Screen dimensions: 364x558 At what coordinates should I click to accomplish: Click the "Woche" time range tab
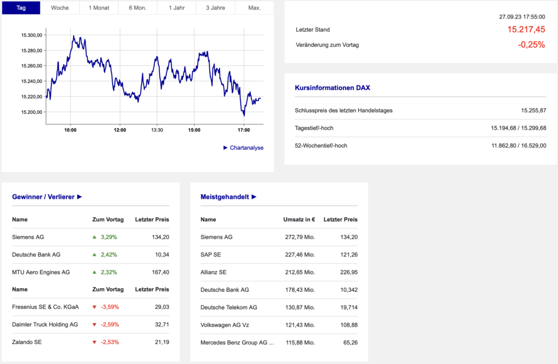coord(60,8)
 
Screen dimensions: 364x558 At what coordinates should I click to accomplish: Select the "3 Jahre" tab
coord(216,8)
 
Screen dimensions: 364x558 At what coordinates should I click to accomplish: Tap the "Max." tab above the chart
coord(254,8)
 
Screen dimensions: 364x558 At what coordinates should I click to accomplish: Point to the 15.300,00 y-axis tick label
coord(31,35)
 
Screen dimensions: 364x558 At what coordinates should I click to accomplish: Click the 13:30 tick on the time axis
coord(157,130)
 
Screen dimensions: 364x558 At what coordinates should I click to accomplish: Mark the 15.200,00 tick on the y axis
coord(31,112)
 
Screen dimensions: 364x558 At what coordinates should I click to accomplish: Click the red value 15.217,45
coord(526,30)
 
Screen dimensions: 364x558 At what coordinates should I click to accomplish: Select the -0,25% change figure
coord(531,45)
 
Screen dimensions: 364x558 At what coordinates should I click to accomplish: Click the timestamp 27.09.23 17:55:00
coord(522,17)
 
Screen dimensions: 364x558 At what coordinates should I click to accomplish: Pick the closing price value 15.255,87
coord(533,111)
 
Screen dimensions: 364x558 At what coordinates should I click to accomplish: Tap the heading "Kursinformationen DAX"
coord(332,87)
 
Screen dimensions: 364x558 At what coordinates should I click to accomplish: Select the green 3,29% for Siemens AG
coord(109,237)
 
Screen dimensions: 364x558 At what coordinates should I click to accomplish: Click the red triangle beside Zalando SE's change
coord(94,342)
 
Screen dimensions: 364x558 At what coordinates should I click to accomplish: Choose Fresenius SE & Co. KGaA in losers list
coord(46,307)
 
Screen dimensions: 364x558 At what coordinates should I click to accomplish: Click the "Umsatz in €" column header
coord(299,220)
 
